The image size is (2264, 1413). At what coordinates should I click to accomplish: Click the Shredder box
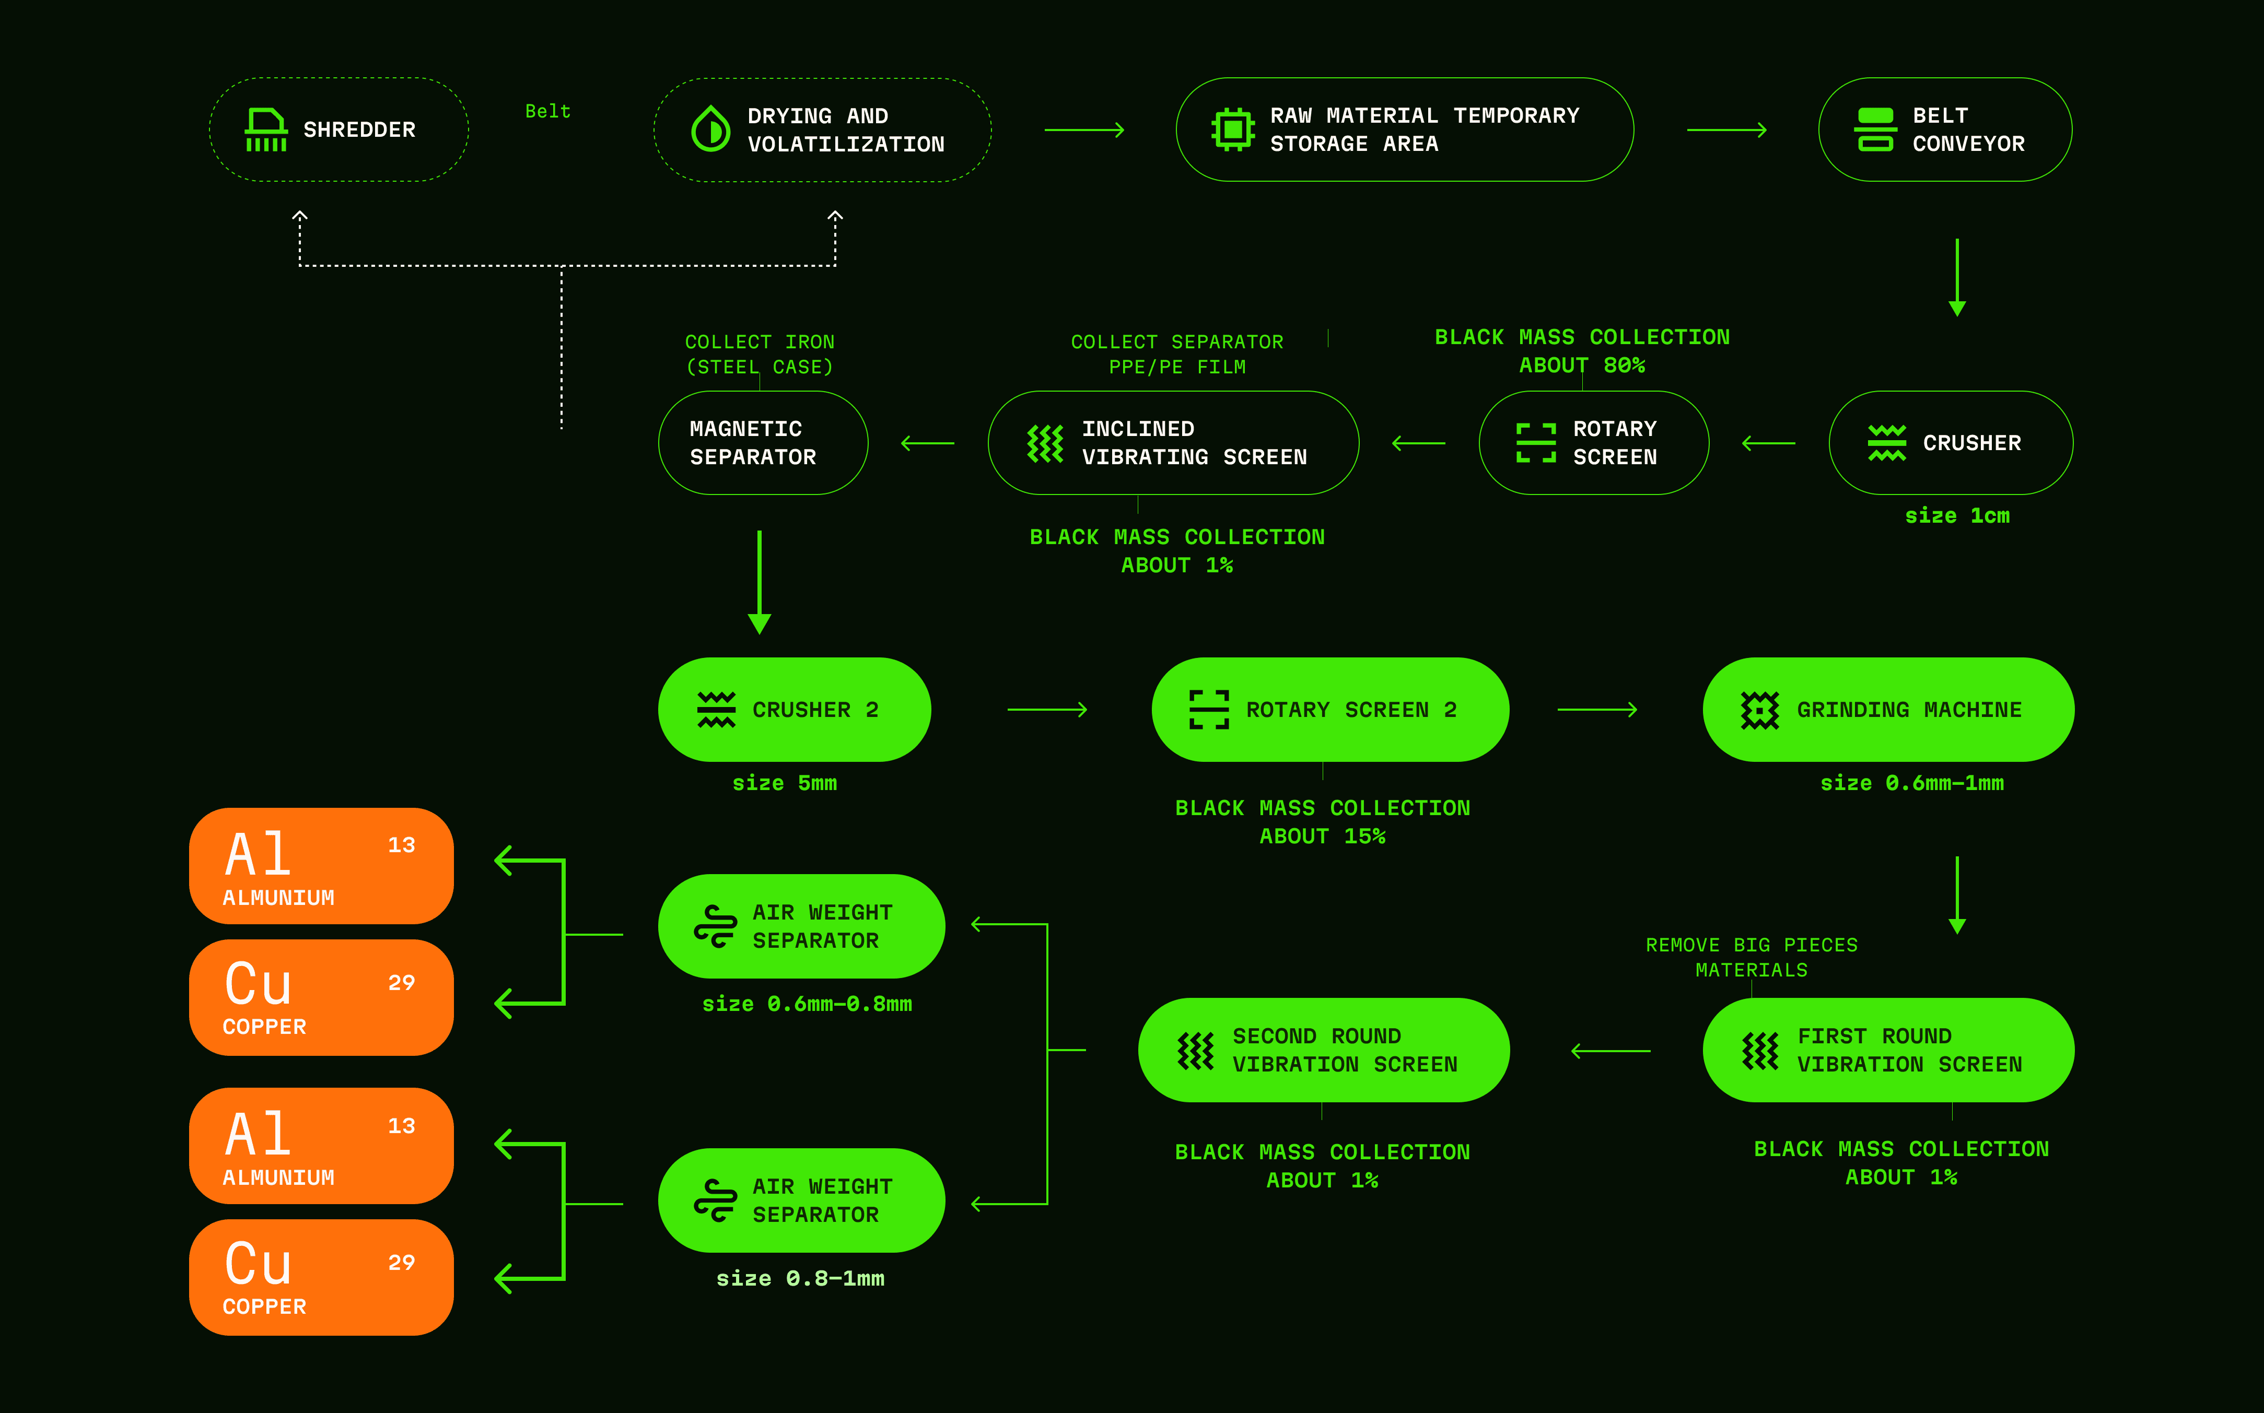[339, 130]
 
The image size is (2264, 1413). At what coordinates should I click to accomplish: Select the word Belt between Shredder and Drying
[548, 111]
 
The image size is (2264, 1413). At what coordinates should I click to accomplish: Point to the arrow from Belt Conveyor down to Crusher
[1956, 278]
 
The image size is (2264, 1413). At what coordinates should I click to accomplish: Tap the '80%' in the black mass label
[1625, 366]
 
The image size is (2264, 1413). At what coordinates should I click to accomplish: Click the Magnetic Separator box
[763, 443]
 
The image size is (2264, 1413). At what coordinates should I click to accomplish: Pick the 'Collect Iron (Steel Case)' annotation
[759, 354]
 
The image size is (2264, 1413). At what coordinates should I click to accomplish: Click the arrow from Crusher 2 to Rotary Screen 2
[1047, 710]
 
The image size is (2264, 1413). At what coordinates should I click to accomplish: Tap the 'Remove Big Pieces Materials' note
[1751, 957]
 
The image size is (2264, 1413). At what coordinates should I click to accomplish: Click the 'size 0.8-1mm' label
[800, 1278]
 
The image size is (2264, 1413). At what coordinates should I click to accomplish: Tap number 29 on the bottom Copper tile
[401, 1263]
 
